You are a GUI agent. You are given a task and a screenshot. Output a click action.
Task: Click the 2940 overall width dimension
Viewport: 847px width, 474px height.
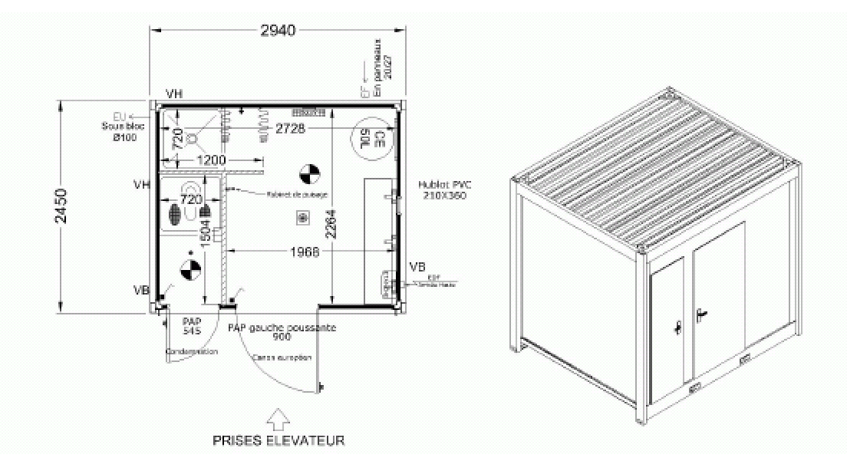[277, 30]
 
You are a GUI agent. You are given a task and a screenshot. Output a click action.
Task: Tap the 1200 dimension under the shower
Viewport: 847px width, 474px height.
[210, 160]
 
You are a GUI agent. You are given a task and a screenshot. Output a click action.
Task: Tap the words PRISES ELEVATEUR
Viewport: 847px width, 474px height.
[278, 440]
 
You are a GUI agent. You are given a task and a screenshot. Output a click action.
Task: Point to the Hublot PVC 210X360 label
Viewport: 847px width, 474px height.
[445, 189]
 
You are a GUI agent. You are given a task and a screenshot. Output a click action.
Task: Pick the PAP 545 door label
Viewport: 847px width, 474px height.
[191, 326]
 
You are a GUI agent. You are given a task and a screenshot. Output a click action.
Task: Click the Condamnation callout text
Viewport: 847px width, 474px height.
[192, 351]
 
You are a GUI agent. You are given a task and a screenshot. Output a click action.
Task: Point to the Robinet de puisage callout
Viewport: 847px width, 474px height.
[298, 195]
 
